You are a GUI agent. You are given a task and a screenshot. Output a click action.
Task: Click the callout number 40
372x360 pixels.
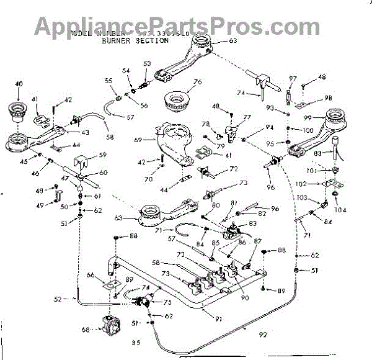click(18, 83)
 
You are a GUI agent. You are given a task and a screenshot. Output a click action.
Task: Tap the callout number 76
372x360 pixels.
click(198, 81)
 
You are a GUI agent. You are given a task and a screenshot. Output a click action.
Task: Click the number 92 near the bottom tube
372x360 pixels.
click(262, 335)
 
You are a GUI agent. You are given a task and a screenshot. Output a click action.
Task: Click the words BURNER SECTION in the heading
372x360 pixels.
click(126, 40)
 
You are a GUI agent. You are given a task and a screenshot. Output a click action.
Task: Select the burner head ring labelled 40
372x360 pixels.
click(20, 111)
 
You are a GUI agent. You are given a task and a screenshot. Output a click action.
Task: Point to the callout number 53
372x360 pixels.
click(147, 63)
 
